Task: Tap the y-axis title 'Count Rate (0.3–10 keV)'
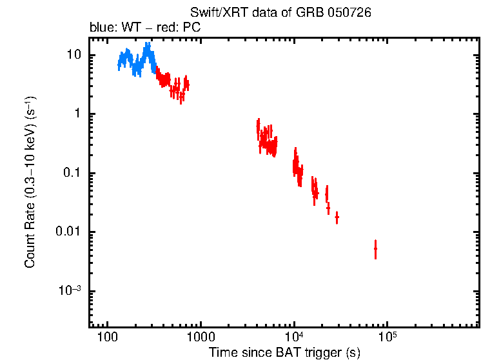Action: tap(30, 183)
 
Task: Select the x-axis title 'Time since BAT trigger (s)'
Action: tap(284, 352)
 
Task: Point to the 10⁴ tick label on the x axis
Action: tap(295, 337)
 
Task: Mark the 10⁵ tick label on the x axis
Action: tap(388, 337)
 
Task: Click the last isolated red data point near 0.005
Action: tap(375, 248)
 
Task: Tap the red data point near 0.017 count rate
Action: tap(337, 218)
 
